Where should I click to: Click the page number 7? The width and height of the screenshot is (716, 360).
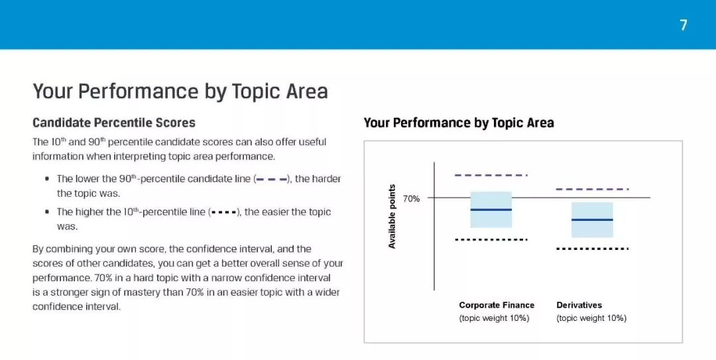(x=683, y=25)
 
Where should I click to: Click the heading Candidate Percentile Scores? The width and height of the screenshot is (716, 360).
(x=114, y=123)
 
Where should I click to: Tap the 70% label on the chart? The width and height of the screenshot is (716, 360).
(x=411, y=199)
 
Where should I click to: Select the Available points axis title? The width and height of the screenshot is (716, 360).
(x=392, y=217)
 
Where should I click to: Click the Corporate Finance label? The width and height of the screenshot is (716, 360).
(x=497, y=305)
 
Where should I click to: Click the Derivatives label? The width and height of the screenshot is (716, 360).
(x=579, y=305)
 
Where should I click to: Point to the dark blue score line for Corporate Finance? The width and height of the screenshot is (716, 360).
(x=491, y=210)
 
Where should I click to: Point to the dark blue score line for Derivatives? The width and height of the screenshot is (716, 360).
(x=592, y=219)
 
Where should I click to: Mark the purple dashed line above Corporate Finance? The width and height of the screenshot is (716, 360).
(x=491, y=175)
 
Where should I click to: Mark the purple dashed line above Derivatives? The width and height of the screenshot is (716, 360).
(x=592, y=189)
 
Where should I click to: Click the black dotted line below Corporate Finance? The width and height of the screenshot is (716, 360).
(x=491, y=239)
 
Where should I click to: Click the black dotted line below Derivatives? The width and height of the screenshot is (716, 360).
(x=592, y=249)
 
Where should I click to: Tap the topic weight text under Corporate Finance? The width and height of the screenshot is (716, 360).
(x=494, y=318)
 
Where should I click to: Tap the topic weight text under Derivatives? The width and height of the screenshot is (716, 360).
(x=591, y=318)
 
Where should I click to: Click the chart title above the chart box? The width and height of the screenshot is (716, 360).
(x=459, y=123)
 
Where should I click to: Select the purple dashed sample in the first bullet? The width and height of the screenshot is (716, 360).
(x=272, y=179)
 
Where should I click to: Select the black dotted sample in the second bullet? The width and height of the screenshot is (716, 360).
(x=223, y=212)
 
